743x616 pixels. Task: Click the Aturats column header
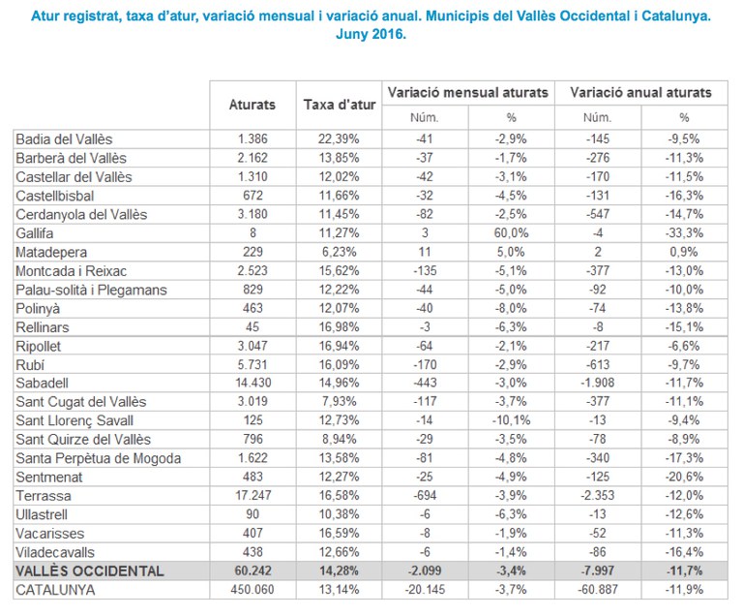point(253,104)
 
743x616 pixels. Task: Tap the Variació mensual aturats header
point(467,92)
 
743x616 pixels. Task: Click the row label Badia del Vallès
point(63,139)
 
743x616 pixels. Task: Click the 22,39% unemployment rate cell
point(339,139)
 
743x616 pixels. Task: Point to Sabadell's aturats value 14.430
point(253,384)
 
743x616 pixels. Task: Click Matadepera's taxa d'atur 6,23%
point(339,252)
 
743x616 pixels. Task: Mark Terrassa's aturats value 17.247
point(253,495)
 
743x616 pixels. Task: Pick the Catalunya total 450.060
point(253,589)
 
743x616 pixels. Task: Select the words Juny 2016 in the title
point(371,33)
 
